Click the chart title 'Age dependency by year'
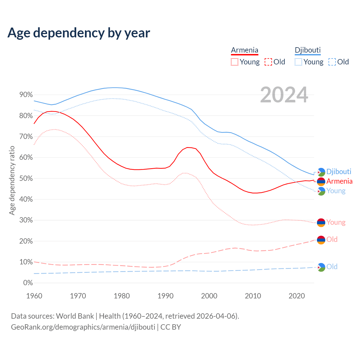[x=79, y=33]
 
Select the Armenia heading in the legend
[x=244, y=50]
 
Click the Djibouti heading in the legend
[x=308, y=50]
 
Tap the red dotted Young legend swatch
[x=234, y=62]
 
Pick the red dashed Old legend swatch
[x=268, y=62]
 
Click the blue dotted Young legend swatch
[x=298, y=62]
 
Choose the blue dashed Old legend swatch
[x=332, y=62]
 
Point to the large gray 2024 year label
[x=284, y=95]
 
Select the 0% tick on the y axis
[x=28, y=283]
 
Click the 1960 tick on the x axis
[x=34, y=296]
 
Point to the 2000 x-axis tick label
[x=209, y=296]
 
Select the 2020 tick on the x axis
[x=297, y=296]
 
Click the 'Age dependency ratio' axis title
[x=12, y=180]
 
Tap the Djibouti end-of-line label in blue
[x=339, y=172]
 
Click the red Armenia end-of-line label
[x=339, y=181]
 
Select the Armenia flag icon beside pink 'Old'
[x=321, y=240]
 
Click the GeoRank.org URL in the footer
[x=83, y=327]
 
